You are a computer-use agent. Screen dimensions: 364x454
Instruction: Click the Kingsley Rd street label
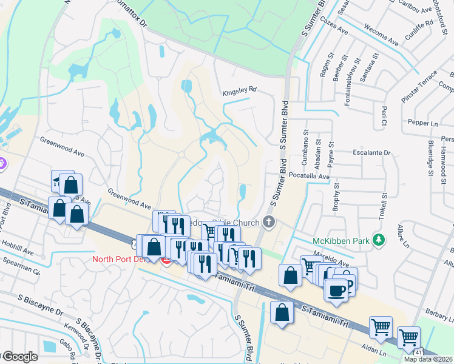[239, 89]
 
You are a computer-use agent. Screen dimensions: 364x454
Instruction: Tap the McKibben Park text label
[340, 241]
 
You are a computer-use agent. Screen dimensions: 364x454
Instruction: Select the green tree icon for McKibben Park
[379, 240]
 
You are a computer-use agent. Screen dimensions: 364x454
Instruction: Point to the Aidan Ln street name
[375, 351]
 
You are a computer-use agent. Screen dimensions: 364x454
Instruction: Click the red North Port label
[115, 260]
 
